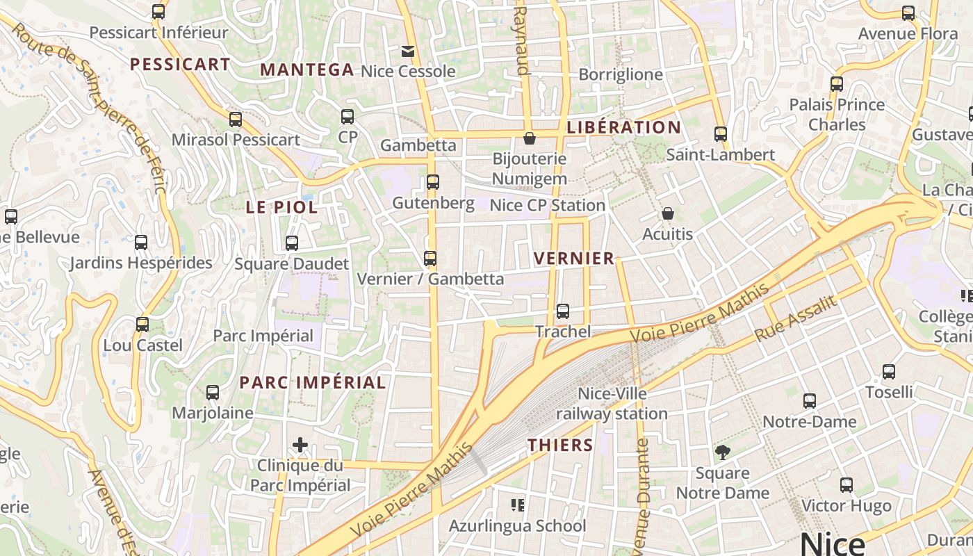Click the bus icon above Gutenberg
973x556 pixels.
(x=433, y=182)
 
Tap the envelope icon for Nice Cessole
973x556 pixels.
(x=407, y=51)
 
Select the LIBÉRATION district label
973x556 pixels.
(x=623, y=127)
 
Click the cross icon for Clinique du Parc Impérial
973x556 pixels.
(x=300, y=445)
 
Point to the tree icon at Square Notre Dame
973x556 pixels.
(x=723, y=452)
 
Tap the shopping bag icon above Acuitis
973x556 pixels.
(x=668, y=213)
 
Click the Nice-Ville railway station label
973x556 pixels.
(x=612, y=404)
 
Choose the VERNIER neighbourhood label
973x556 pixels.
(x=574, y=259)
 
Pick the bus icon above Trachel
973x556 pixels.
(x=563, y=311)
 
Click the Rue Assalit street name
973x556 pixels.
(x=796, y=318)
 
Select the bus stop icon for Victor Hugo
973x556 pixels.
(x=847, y=485)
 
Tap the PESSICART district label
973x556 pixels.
(x=180, y=64)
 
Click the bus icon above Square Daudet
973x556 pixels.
(x=292, y=243)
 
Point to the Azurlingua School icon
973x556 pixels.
(x=518, y=505)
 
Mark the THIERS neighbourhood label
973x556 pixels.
(x=560, y=445)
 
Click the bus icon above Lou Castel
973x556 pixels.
(x=142, y=325)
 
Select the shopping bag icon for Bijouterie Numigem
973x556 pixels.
(x=530, y=138)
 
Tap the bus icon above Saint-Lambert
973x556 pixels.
(x=721, y=134)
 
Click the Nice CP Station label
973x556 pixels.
(x=547, y=205)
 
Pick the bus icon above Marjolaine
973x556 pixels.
(x=213, y=393)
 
